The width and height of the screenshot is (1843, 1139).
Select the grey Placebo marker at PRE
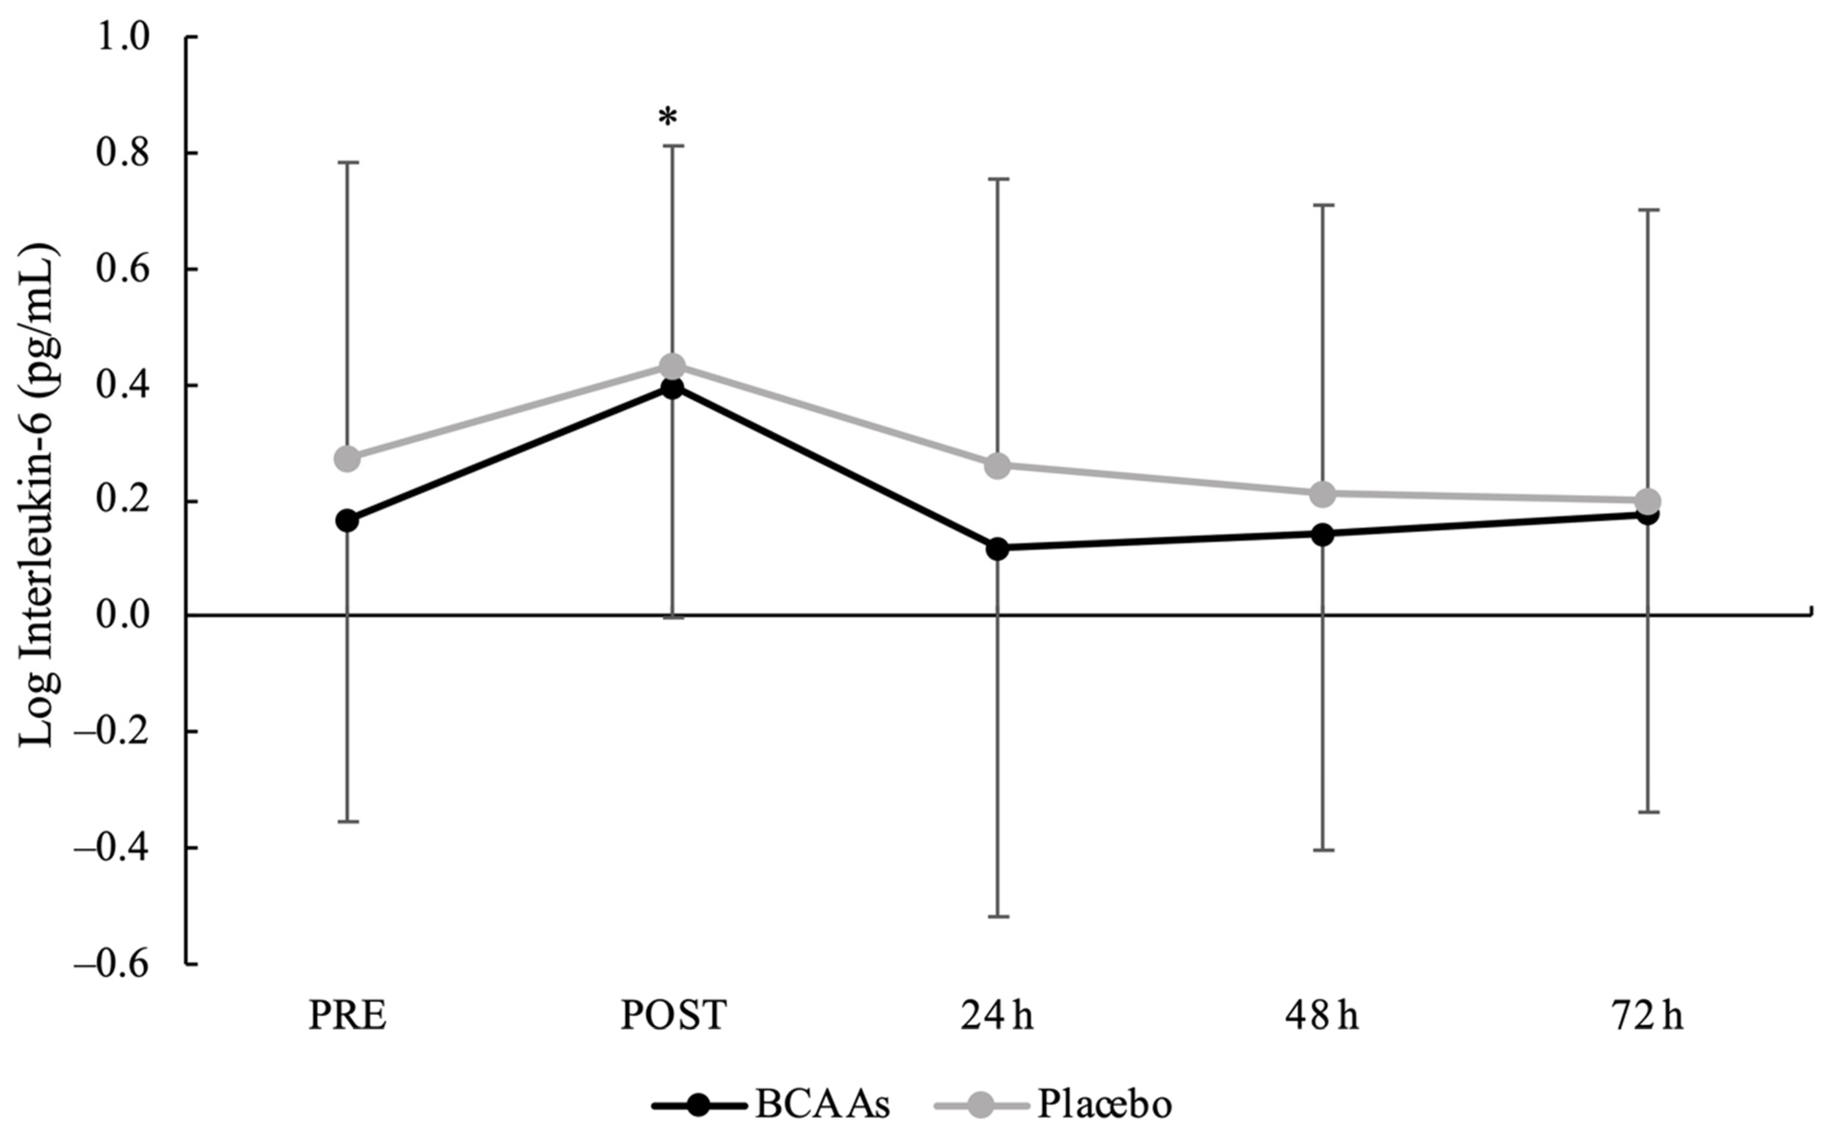click(x=347, y=458)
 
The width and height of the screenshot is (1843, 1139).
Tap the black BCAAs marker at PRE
click(x=347, y=520)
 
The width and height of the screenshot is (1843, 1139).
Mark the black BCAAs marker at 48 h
click(x=1323, y=535)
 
